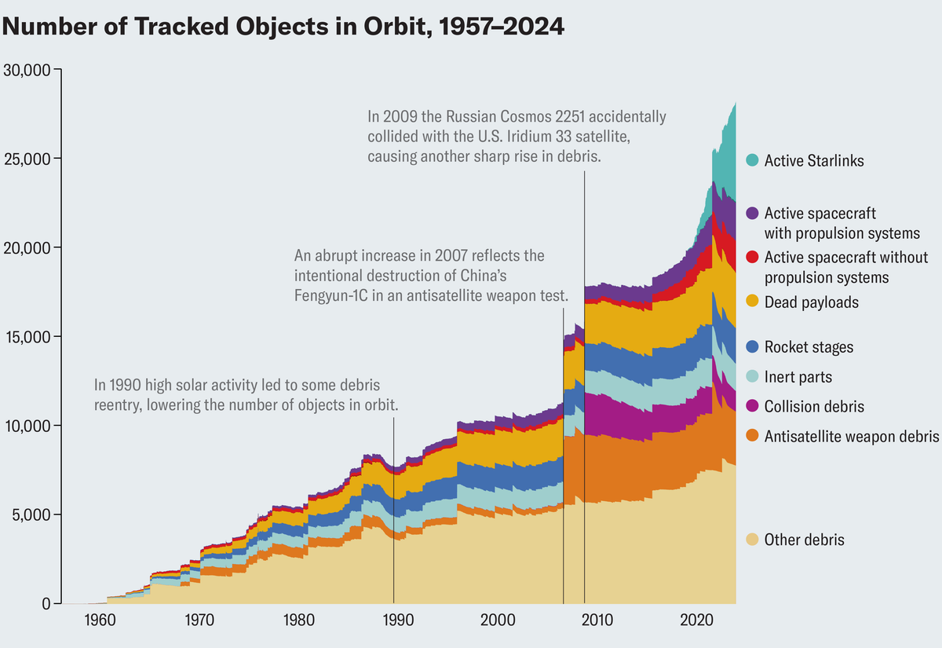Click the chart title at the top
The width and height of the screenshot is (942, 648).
coord(283,27)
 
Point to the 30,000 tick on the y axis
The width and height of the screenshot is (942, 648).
coord(27,70)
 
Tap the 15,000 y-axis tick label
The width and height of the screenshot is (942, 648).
coord(27,337)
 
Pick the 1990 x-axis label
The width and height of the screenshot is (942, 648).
coord(398,620)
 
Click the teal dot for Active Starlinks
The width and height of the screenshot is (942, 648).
coord(751,161)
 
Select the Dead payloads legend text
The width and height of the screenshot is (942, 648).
coord(811,302)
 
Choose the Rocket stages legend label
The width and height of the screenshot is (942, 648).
coord(809,347)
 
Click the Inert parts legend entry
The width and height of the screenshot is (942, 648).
coord(798,377)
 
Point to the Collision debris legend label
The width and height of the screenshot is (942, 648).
coord(814,407)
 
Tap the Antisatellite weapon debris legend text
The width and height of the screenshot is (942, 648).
coord(852,437)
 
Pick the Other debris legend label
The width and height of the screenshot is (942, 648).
coord(804,540)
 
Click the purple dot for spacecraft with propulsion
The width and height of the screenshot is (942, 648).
coord(751,214)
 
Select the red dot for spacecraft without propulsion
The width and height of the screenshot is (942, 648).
coord(751,258)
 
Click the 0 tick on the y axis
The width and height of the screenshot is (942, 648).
coord(46,604)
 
